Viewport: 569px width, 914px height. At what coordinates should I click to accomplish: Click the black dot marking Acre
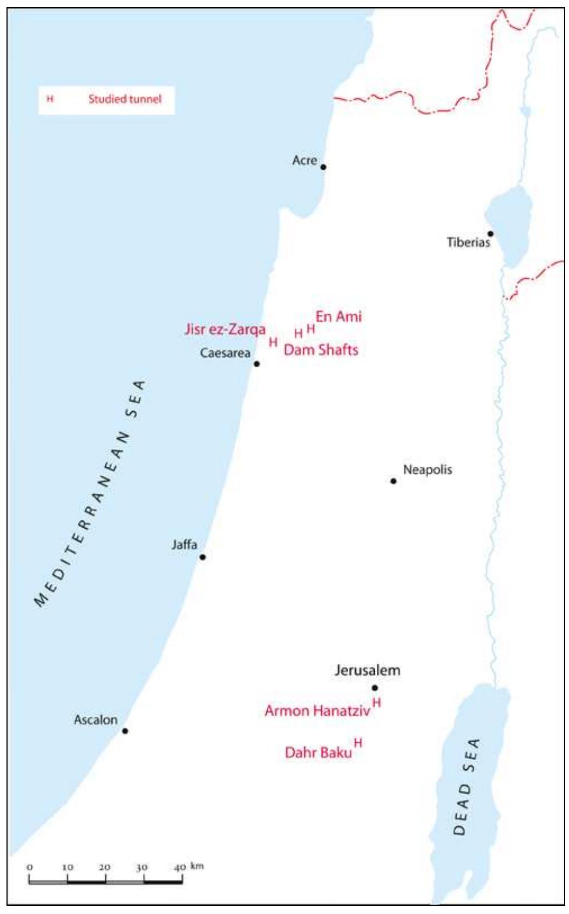[323, 167]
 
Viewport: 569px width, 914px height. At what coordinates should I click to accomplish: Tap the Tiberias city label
[468, 242]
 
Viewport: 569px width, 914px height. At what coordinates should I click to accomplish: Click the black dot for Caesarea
[257, 364]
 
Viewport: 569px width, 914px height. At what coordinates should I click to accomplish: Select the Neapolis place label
[427, 469]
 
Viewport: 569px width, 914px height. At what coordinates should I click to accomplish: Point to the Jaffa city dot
[203, 557]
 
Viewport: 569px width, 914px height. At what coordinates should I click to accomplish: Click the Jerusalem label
[367, 670]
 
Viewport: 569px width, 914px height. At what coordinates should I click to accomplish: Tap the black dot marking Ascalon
[125, 731]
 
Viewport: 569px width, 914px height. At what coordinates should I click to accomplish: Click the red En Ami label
[338, 317]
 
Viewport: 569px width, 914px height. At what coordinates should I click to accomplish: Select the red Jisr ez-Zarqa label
[225, 330]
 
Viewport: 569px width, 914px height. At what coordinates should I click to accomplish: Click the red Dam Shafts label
[321, 350]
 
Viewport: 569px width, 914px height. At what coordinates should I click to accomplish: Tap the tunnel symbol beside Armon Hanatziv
[377, 702]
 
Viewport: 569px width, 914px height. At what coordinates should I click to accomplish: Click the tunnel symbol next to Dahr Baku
[358, 743]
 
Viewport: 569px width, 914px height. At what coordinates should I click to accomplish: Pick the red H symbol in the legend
[50, 99]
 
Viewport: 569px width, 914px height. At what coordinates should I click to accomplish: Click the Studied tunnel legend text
[125, 99]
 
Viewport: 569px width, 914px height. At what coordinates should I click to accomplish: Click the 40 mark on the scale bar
[180, 867]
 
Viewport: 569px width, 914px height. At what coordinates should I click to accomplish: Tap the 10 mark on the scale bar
[67, 867]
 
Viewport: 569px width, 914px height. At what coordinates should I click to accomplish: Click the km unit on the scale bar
[197, 866]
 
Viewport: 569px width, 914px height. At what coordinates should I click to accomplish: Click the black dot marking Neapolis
[394, 481]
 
